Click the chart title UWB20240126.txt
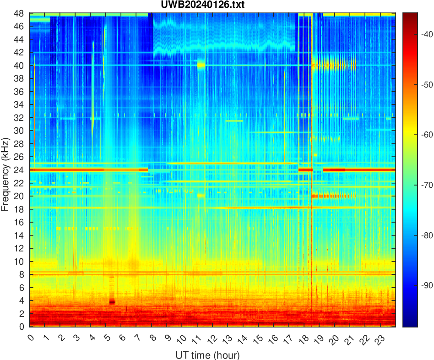212,5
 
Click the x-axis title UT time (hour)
207,355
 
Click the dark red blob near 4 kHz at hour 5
112,302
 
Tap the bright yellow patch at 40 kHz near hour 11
201,65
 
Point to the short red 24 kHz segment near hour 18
305,170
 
